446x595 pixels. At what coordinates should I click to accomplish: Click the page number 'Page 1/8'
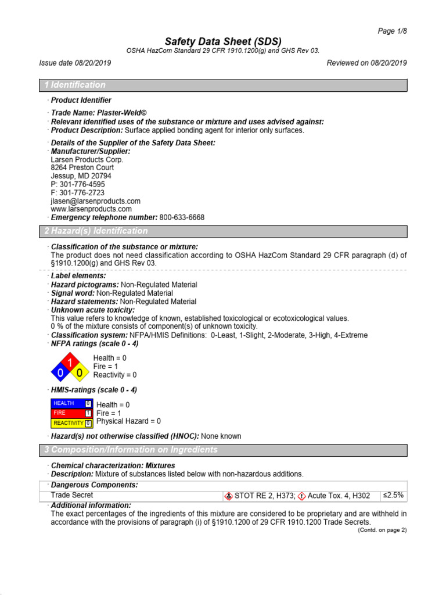tap(392, 31)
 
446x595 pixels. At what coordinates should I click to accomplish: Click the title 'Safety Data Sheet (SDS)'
tap(223, 41)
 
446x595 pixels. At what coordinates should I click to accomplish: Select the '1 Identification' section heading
tap(75, 85)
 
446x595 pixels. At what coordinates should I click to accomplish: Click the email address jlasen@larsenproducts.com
tap(95, 201)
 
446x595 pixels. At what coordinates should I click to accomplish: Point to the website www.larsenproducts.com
tap(91, 209)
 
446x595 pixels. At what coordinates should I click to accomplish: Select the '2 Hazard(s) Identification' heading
tap(96, 231)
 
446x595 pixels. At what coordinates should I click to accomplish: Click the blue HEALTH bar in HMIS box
tap(68, 403)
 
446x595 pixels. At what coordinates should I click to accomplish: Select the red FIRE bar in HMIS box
tap(68, 413)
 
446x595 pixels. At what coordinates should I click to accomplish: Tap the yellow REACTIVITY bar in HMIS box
tap(68, 422)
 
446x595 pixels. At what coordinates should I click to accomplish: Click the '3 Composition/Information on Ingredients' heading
tap(131, 450)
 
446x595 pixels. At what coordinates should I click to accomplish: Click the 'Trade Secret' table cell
tap(72, 496)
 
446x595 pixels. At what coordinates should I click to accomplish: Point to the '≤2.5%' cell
tap(393, 496)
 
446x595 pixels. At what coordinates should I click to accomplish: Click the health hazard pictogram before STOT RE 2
tap(229, 496)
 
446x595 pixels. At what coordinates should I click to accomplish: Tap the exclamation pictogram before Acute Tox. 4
tap(301, 496)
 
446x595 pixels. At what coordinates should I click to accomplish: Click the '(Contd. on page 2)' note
tap(382, 531)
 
